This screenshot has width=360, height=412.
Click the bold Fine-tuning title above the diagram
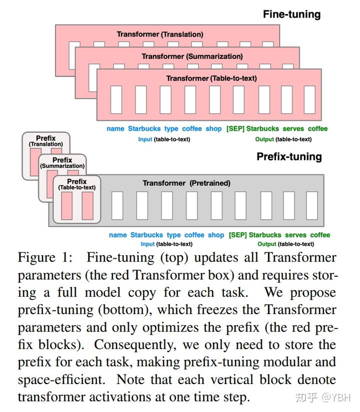(291, 14)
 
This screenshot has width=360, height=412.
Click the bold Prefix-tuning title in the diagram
(289, 157)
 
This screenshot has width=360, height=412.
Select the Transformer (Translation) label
(160, 34)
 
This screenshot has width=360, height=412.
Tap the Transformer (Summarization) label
(192, 56)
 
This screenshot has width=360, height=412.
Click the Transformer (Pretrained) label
(186, 183)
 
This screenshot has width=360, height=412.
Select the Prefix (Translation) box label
(45, 141)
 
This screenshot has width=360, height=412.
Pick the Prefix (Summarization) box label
(62, 163)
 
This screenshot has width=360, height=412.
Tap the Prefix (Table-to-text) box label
(76, 184)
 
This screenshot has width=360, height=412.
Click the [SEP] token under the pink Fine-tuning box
(235, 129)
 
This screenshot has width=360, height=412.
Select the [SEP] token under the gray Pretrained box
(237, 235)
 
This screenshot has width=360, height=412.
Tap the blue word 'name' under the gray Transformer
(118, 235)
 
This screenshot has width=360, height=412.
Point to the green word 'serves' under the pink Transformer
(293, 129)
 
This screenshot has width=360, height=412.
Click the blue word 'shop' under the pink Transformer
(213, 129)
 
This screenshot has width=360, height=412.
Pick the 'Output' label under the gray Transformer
(266, 244)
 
